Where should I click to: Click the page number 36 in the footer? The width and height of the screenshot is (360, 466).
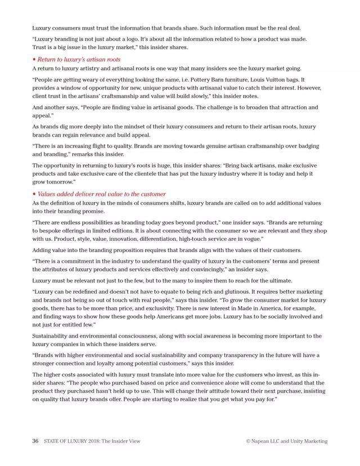(x=35, y=441)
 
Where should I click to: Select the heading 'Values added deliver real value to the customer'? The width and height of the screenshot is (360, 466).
(x=102, y=194)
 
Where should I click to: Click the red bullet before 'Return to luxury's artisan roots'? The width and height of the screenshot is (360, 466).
(x=34, y=59)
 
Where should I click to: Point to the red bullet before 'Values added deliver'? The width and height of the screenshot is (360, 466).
(x=34, y=194)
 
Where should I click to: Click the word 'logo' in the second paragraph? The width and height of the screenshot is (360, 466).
(x=133, y=39)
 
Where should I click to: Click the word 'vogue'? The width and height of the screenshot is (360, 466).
(x=253, y=239)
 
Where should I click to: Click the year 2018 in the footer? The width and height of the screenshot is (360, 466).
(x=93, y=441)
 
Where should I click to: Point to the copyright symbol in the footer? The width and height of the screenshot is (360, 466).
(x=247, y=441)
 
